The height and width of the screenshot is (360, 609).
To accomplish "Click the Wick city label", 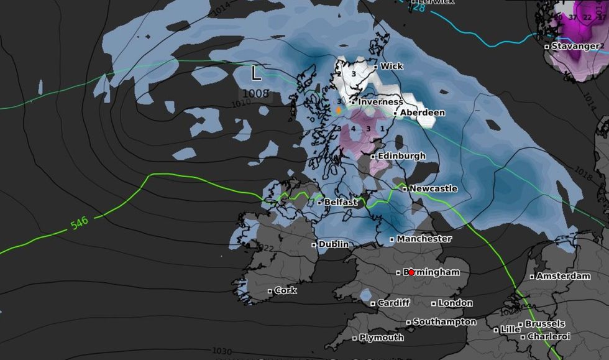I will [x=391, y=66].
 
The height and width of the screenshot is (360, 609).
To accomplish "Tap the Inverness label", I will [x=380, y=101].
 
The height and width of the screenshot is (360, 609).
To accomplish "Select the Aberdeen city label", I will [x=422, y=113].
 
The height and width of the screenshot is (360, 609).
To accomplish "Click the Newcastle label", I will [x=434, y=188].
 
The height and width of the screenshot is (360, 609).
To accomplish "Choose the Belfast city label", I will [x=341, y=202].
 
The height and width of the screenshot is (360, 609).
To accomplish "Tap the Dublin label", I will [x=334, y=244].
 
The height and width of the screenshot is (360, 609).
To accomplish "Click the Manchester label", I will [x=424, y=239].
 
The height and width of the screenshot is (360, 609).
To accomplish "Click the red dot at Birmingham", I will [x=411, y=272].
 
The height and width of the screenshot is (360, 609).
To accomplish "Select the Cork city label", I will [x=285, y=290].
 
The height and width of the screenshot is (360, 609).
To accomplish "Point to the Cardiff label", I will [x=394, y=303].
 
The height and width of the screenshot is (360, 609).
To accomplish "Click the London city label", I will [x=456, y=303].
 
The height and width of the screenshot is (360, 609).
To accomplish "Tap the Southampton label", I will [x=444, y=322].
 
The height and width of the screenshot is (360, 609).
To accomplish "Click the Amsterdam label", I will [x=563, y=276].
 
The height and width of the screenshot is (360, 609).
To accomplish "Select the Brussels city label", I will [x=545, y=324].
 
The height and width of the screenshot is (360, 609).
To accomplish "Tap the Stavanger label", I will [x=576, y=46].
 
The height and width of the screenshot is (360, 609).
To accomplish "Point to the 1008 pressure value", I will [x=256, y=94].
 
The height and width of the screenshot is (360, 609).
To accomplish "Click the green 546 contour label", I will [x=79, y=223].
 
